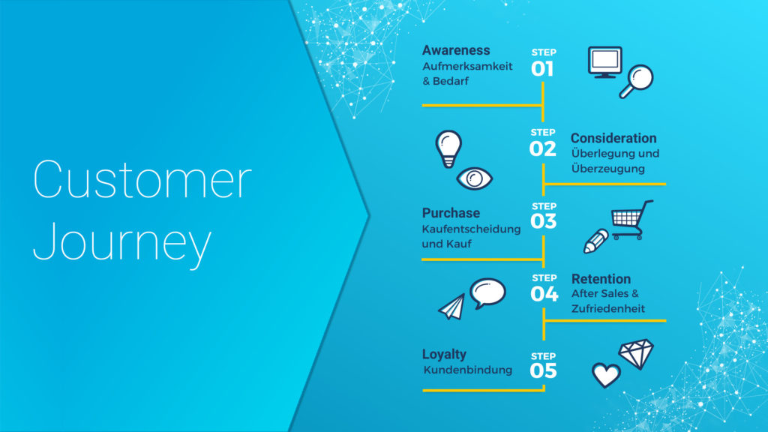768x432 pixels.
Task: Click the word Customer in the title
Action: pos(142,179)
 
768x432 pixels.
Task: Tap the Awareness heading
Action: pos(456,50)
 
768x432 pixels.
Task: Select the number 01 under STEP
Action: pos(542,68)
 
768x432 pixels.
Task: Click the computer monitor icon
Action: pos(605,62)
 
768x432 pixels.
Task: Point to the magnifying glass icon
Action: pos(636,81)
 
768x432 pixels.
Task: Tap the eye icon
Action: pos(474,178)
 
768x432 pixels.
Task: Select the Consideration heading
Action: pos(613,138)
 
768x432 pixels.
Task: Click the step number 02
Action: pos(543,148)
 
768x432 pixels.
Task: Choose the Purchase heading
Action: pos(451,213)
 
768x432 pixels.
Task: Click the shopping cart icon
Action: pos(631,220)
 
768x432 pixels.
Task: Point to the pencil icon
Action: pos(596,241)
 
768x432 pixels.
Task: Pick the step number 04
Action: pos(544,294)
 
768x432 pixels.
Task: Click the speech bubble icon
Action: pos(487,293)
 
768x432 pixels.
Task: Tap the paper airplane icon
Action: pos(451,307)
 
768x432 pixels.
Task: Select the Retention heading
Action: pos(601,279)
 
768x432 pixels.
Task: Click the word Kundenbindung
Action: pos(468,370)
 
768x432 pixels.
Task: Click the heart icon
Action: pos(606,375)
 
